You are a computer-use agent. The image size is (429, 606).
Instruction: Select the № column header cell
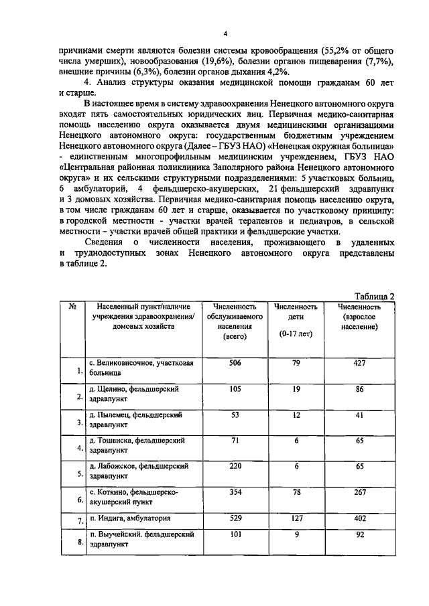pyautogui.click(x=72, y=305)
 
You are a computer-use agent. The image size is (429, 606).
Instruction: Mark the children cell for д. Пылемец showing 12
pyautogui.click(x=296, y=415)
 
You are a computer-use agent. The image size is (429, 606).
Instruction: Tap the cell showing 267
pyautogui.click(x=359, y=491)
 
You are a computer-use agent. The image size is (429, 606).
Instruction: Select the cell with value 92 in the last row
pyautogui.click(x=359, y=534)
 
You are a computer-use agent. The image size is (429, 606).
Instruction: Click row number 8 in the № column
pyautogui.click(x=79, y=543)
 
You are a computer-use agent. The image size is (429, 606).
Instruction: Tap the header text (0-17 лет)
pyautogui.click(x=296, y=333)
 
